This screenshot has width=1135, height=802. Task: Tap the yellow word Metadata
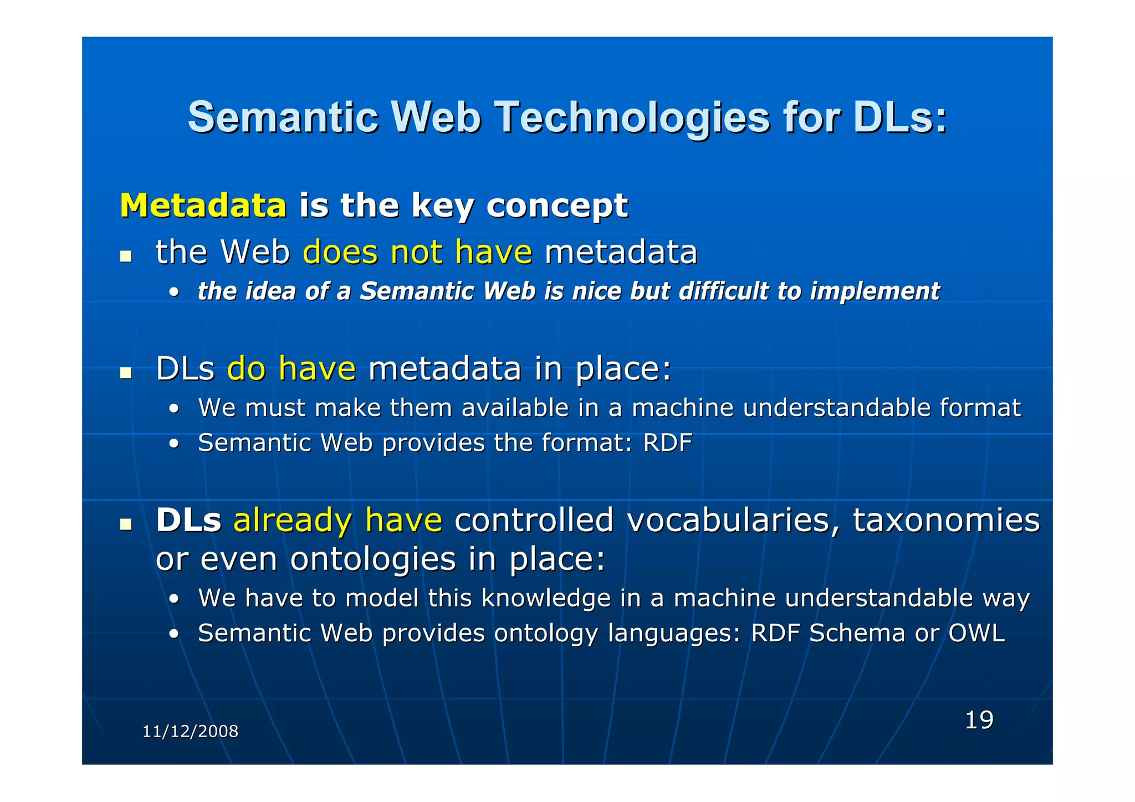[x=203, y=205]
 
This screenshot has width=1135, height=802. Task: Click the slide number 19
[x=979, y=720]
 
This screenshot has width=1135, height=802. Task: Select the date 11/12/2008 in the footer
[x=190, y=731]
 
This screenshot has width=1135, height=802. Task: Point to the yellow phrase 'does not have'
[x=417, y=252]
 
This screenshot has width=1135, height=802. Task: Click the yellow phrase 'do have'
[x=291, y=368]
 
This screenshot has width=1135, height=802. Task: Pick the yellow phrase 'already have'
[x=338, y=520]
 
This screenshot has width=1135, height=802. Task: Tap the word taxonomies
[x=945, y=520]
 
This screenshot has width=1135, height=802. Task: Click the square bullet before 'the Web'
[x=126, y=256]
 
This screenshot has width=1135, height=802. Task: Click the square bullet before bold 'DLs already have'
[x=126, y=524]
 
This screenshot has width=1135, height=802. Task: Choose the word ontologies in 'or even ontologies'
[x=372, y=559]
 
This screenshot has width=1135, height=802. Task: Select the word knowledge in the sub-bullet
[x=545, y=598]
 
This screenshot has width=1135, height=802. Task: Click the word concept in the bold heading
[x=556, y=206]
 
